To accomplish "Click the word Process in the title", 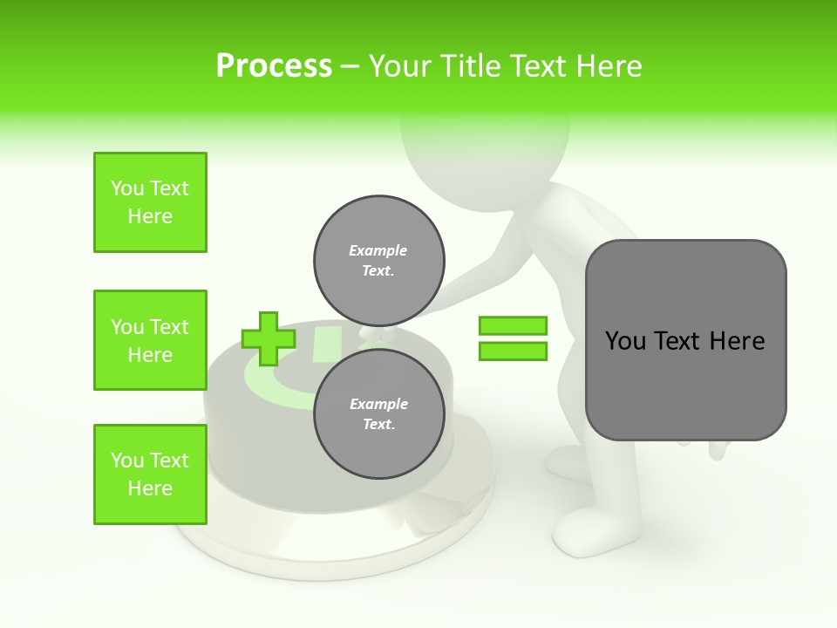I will (274, 66).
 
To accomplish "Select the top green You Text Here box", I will (150, 202).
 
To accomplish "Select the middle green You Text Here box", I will (150, 340).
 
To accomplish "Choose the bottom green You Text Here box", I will (150, 474).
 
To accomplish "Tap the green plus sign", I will (268, 338).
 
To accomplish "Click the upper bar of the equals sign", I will (513, 325).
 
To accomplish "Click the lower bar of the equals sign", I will (513, 352).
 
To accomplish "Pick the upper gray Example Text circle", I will (379, 260).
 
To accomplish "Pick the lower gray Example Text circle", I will (379, 413).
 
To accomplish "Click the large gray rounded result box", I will (685, 340).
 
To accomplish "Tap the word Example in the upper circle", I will (378, 250).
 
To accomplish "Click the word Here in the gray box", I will (737, 341).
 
